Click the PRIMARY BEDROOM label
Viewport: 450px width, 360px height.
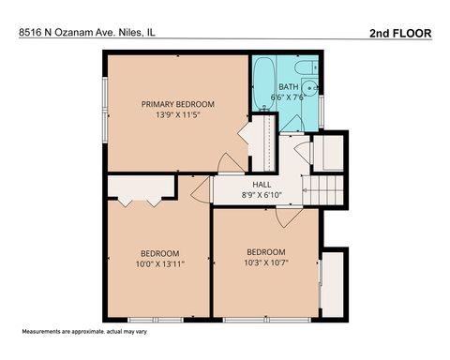[x=178, y=104]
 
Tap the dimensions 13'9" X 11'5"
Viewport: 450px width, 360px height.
[x=178, y=116]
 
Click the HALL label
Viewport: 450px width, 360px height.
[x=262, y=185]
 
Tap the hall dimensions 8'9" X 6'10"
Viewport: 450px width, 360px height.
[x=262, y=196]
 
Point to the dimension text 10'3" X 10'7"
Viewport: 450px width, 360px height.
[x=266, y=263]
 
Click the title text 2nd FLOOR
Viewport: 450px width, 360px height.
[x=401, y=33]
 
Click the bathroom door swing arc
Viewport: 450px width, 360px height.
[x=291, y=124]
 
